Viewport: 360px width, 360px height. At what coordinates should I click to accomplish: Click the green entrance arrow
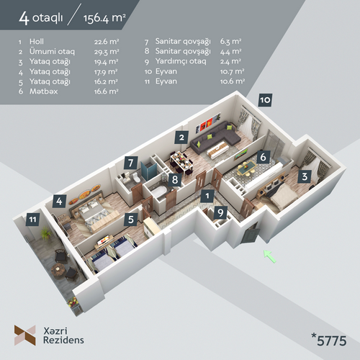[270, 256]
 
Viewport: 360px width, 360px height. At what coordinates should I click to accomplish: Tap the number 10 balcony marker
[265, 100]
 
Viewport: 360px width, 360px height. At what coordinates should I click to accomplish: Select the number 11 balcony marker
[33, 220]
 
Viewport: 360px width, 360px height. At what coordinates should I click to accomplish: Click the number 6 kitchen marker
[264, 157]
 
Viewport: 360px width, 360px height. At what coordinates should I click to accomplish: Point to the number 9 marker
[220, 212]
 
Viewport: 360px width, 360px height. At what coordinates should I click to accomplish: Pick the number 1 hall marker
[207, 196]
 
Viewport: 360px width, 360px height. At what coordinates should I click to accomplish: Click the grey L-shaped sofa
[215, 138]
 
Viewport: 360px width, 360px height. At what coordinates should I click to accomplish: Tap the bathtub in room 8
[159, 192]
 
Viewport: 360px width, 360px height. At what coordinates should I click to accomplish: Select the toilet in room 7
[136, 177]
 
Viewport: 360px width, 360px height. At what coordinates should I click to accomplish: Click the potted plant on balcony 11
[45, 233]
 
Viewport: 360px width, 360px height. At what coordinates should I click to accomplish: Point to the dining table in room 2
[181, 161]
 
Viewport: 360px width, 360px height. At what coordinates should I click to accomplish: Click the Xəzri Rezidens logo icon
[25, 335]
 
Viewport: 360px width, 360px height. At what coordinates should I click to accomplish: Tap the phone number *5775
[329, 340]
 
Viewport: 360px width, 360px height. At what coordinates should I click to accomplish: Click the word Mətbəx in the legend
[43, 91]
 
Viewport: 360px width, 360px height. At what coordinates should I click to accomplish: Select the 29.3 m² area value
[107, 52]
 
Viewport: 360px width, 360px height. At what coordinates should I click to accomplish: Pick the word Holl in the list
[37, 42]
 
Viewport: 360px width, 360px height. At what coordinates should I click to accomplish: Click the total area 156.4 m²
[104, 18]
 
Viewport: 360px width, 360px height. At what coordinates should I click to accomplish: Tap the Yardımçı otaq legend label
[181, 61]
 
